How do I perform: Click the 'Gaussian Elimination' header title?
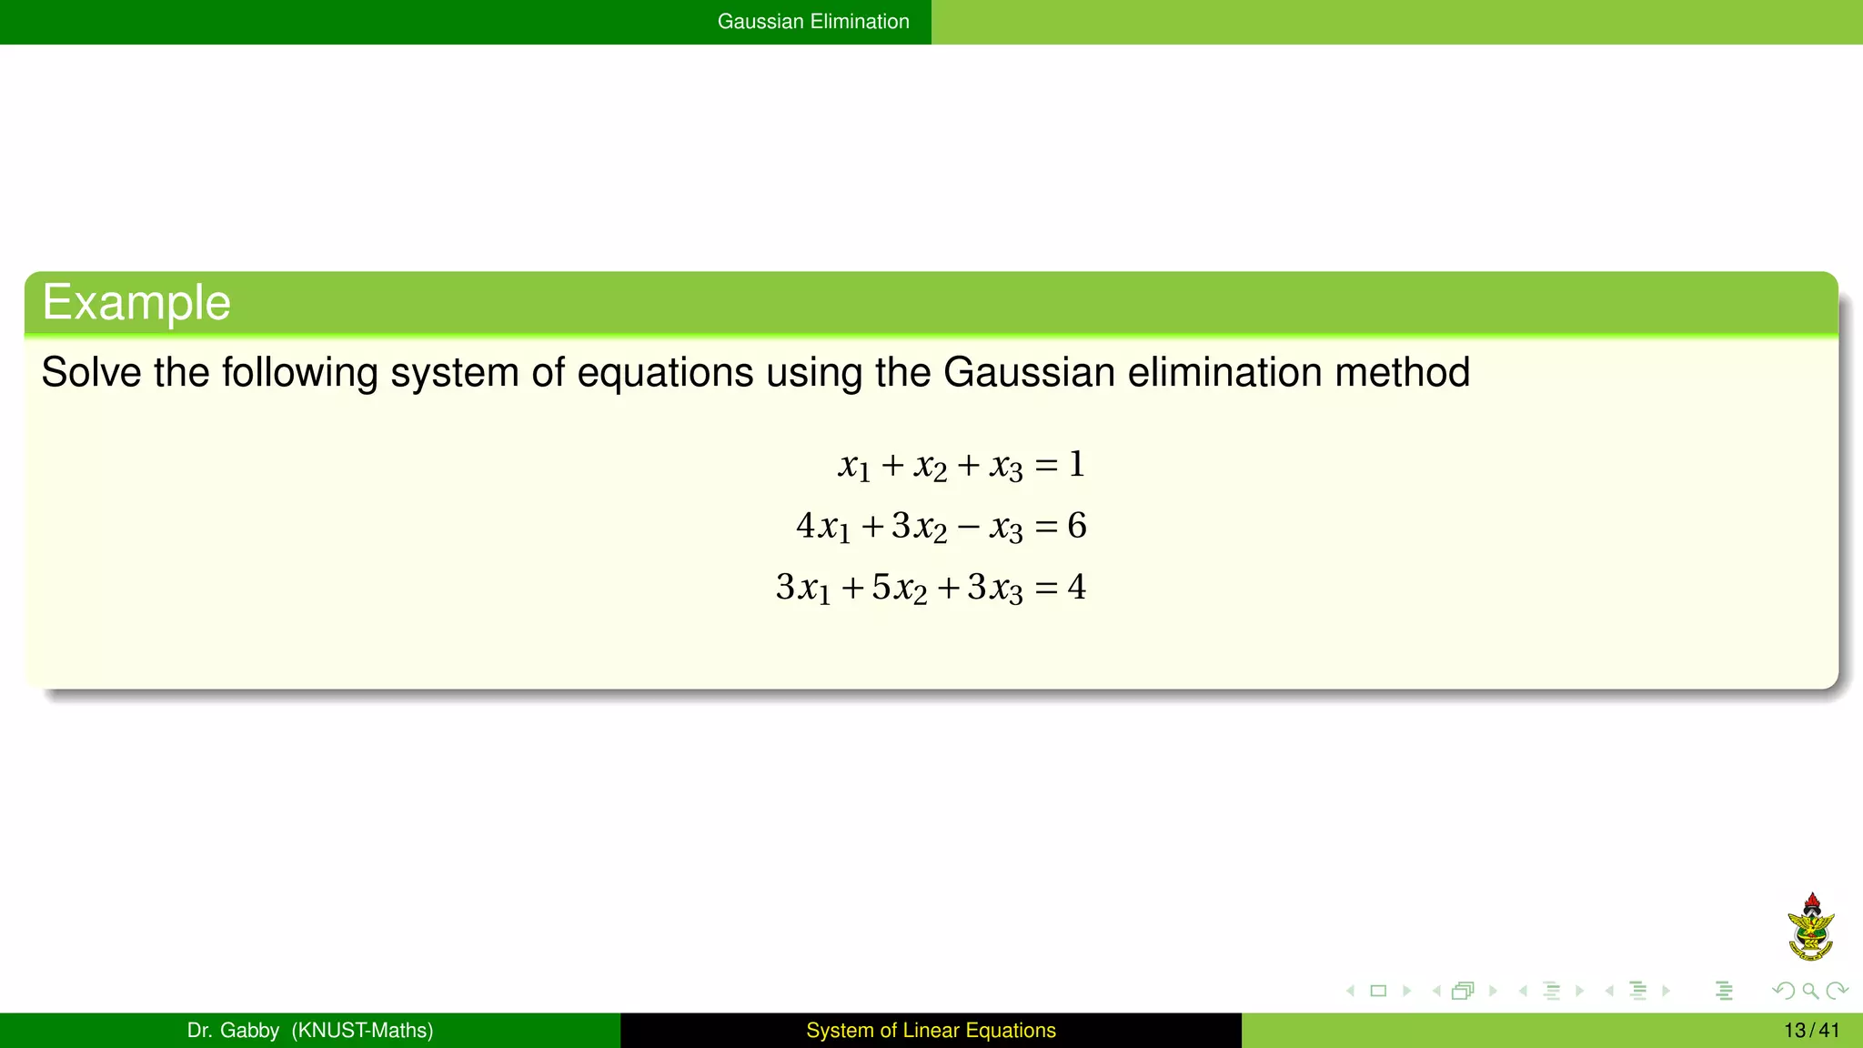point(813,22)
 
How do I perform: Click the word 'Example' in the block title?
point(136,302)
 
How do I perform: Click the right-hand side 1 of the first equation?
point(1077,465)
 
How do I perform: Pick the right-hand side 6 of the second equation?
point(1077,526)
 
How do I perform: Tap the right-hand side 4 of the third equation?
point(1077,587)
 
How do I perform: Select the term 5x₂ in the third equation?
point(900,588)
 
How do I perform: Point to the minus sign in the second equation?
point(969,527)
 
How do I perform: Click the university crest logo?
point(1811,927)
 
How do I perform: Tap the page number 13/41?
point(1811,1031)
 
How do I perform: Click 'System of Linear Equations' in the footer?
point(931,1031)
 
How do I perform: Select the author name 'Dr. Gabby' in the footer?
point(233,1031)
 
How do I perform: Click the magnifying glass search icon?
point(1810,991)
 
